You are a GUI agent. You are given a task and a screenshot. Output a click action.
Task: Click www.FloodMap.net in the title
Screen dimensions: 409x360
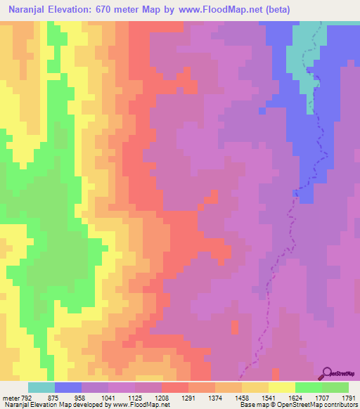217,8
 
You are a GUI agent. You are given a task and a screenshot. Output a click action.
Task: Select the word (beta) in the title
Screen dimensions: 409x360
276,8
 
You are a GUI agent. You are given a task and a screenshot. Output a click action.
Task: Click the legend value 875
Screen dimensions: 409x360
53,398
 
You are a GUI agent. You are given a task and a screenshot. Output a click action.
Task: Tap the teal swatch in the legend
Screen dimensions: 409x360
41,387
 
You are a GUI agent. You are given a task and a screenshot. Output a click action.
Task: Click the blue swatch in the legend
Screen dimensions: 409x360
68,387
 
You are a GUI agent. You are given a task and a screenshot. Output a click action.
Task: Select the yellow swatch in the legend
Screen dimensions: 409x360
282,387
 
